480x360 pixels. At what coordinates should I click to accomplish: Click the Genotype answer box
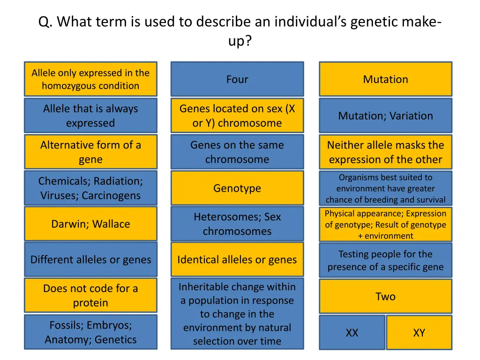[x=237, y=188]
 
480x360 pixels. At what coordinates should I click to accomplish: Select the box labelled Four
[x=237, y=79]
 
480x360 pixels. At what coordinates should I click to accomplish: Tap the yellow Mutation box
[x=385, y=79]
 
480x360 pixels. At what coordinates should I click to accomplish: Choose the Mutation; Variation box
[x=385, y=115]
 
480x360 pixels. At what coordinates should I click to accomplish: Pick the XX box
[x=352, y=333]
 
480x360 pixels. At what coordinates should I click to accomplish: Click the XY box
[x=419, y=333]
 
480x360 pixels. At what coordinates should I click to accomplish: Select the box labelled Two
[x=385, y=296]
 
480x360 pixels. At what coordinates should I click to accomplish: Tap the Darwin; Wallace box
[x=90, y=224]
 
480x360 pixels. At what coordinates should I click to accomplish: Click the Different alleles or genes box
[x=90, y=259]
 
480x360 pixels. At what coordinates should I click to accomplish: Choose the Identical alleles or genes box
[x=237, y=259]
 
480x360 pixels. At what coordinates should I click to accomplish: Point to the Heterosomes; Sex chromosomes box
[x=237, y=224]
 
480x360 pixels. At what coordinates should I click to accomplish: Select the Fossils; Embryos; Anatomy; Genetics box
[x=90, y=332]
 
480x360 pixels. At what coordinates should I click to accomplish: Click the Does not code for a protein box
[x=90, y=296]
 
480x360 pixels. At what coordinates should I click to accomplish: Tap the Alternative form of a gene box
[x=90, y=152]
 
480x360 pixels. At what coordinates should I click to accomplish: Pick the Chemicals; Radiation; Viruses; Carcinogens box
[x=90, y=188]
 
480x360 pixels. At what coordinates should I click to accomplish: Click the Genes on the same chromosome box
[x=237, y=152]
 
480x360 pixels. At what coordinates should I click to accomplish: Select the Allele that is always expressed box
[x=90, y=115]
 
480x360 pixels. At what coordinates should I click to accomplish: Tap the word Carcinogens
[x=111, y=195]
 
